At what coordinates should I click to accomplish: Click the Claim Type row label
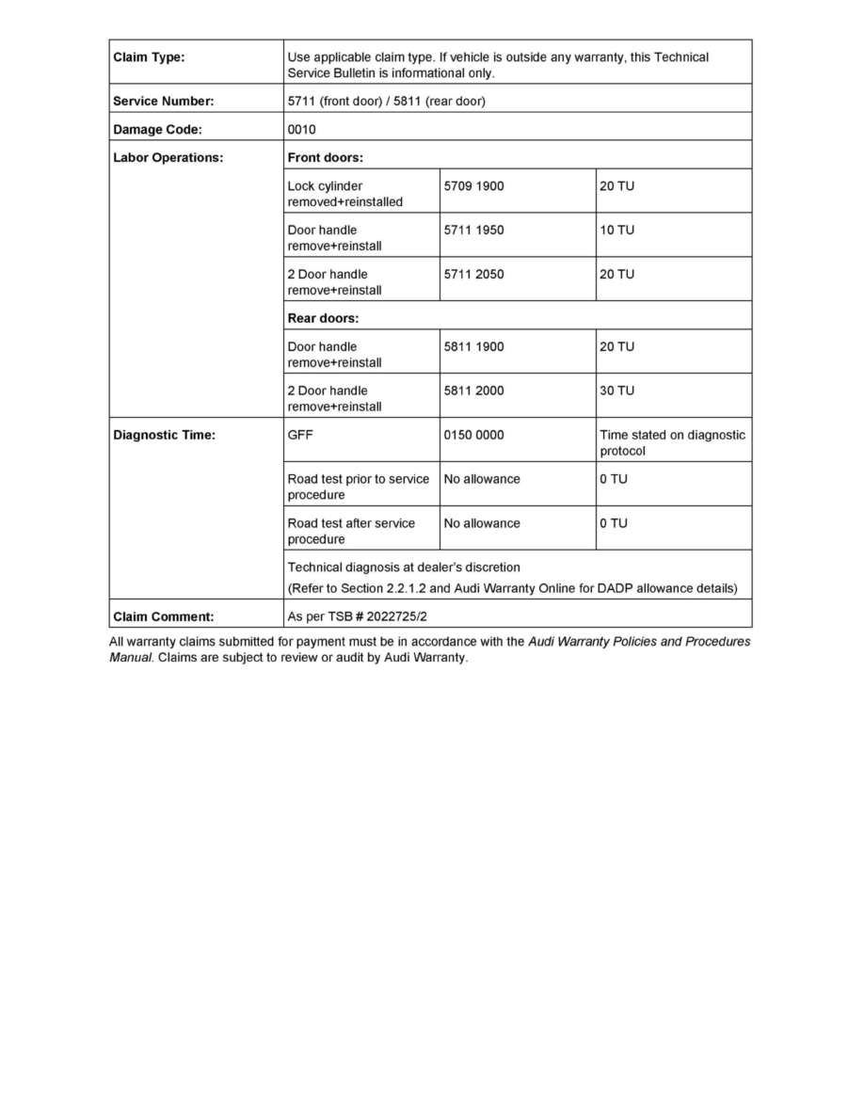coord(149,57)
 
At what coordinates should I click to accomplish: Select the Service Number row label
coord(164,102)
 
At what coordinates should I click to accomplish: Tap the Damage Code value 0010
coord(302,130)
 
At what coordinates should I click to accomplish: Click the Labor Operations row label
coord(168,158)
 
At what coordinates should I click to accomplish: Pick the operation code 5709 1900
coord(473,186)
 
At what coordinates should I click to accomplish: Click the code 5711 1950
coord(473,230)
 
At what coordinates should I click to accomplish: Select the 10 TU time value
coord(617,230)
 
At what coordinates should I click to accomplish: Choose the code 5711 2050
coord(473,274)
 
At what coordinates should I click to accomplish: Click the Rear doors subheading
coord(323,318)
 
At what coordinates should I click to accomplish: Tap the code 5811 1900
coord(473,346)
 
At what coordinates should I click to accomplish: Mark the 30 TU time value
coord(617,391)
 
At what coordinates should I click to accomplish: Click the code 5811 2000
coord(473,391)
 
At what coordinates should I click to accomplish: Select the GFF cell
coord(300,435)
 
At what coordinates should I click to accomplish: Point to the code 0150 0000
coord(473,435)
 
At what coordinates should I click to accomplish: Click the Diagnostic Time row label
coord(165,435)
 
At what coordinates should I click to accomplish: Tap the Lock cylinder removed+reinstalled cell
coord(344,194)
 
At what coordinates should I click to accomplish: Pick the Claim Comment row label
coord(164,617)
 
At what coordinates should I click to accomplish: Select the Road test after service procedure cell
coord(351,531)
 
